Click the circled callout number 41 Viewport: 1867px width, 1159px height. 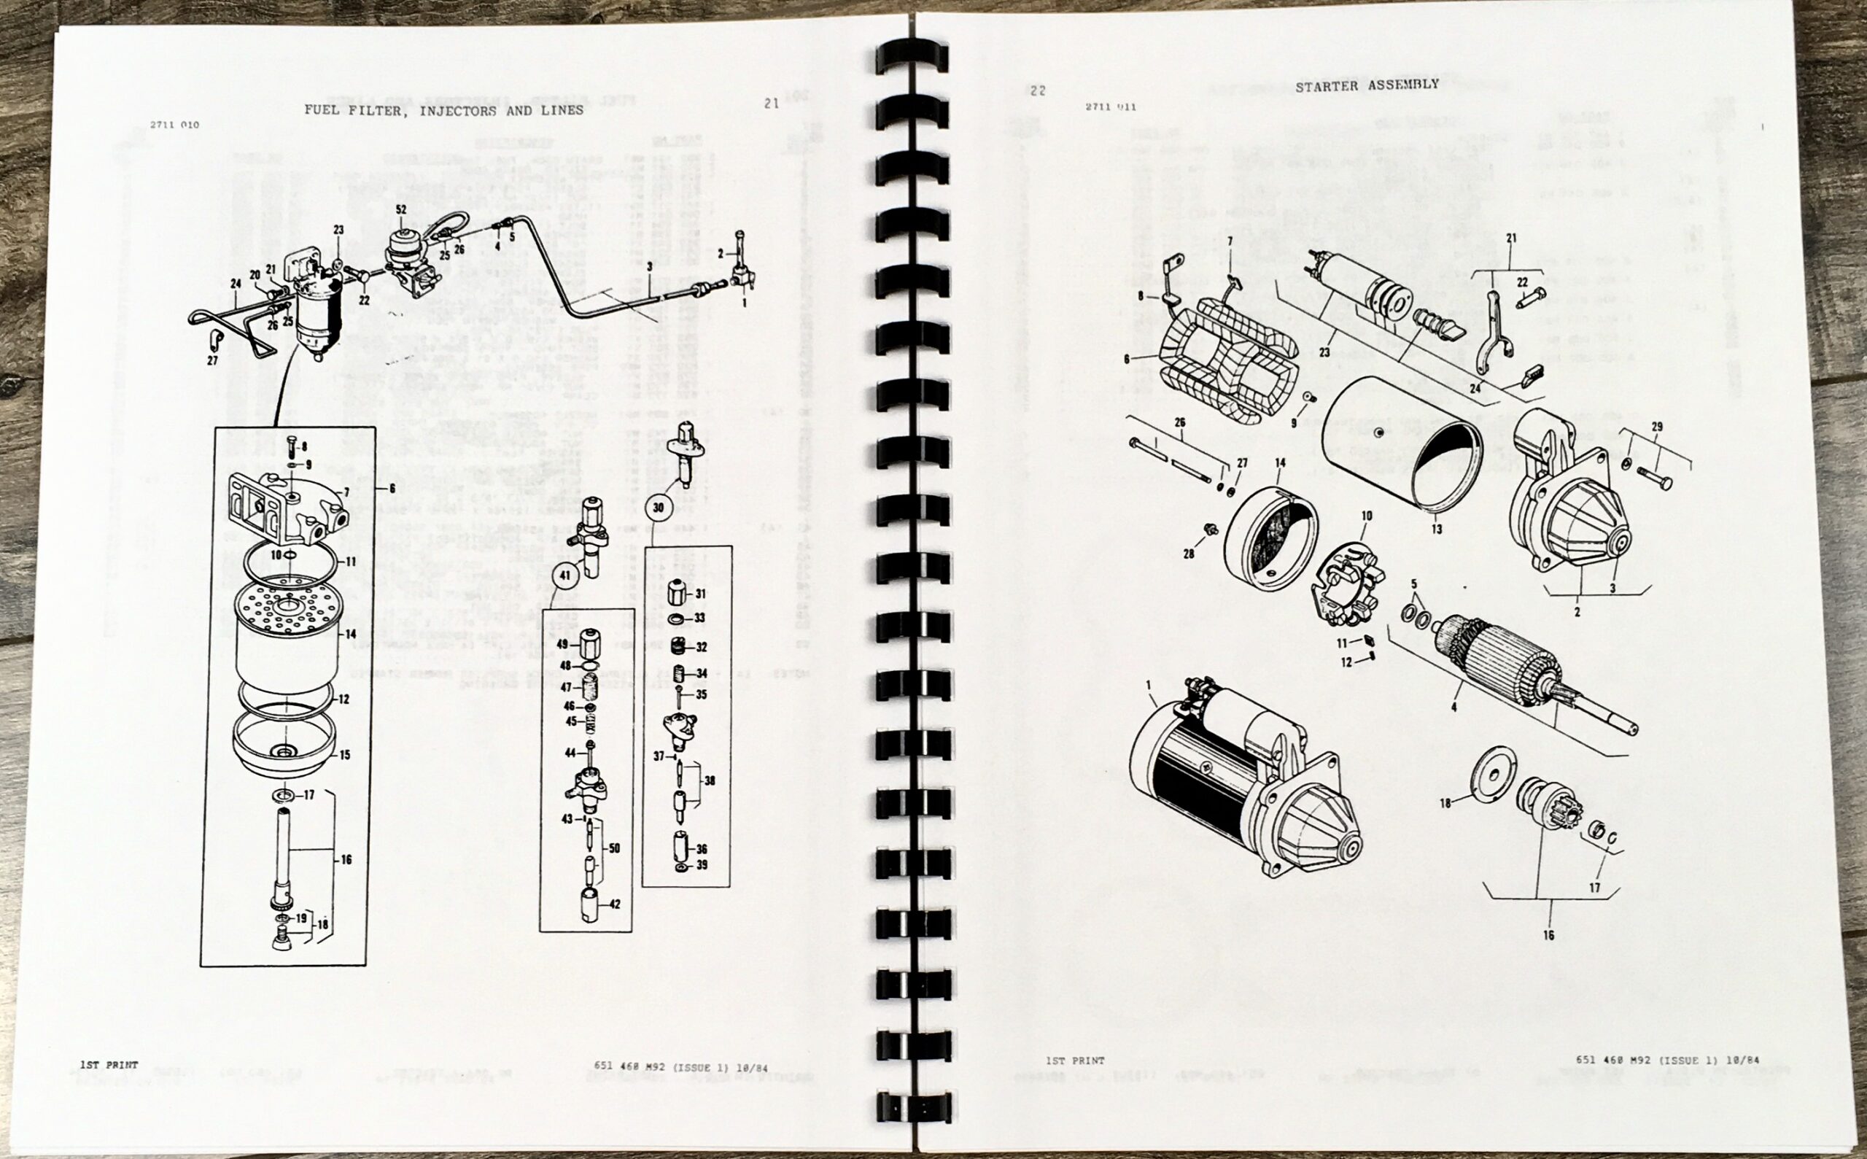566,575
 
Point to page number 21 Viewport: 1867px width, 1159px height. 771,104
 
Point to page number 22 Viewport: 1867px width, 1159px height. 1038,90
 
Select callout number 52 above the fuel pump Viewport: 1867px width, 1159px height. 401,209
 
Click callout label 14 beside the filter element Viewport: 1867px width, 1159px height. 350,634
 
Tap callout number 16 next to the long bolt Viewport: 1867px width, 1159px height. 346,859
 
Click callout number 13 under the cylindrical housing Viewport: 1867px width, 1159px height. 1436,529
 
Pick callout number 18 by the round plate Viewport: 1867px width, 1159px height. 1445,804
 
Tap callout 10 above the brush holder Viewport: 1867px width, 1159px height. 1367,516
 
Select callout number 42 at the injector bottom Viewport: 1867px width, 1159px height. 615,904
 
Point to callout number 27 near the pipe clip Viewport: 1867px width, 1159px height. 212,360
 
